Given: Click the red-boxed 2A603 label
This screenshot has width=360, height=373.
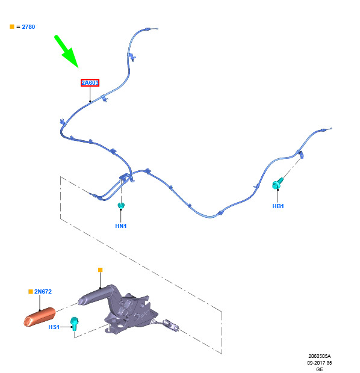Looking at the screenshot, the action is coord(90,83).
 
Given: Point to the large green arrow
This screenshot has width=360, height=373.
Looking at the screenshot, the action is coord(66,51).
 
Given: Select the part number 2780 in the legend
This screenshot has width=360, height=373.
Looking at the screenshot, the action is coord(28,27).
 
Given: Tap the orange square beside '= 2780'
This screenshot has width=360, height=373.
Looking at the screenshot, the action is coord(12,26).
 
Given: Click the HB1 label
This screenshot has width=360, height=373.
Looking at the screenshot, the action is coord(278,206).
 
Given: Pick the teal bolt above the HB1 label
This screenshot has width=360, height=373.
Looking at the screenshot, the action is coord(278,183).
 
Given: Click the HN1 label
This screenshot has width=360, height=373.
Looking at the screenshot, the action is coord(121,226).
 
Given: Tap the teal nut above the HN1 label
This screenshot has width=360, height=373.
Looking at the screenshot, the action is coord(121,206).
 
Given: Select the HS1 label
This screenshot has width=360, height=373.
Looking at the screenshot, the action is coord(54,327).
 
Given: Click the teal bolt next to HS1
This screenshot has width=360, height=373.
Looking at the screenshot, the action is coord(74,324).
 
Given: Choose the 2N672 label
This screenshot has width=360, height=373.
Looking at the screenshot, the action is coord(43,292).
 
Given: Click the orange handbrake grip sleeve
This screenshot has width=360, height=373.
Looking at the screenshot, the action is coord(40,317).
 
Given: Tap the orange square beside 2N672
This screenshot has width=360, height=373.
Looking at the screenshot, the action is coord(31,292).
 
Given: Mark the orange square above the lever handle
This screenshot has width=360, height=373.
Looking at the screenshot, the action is coord(101,270).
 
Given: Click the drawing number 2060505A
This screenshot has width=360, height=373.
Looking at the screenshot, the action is coord(320,356).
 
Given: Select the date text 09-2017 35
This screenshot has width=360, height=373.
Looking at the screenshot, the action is coord(320,363).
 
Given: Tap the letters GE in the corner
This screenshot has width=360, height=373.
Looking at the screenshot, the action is coord(320,369).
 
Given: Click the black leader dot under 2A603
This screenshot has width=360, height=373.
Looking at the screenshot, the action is coord(90,102).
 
